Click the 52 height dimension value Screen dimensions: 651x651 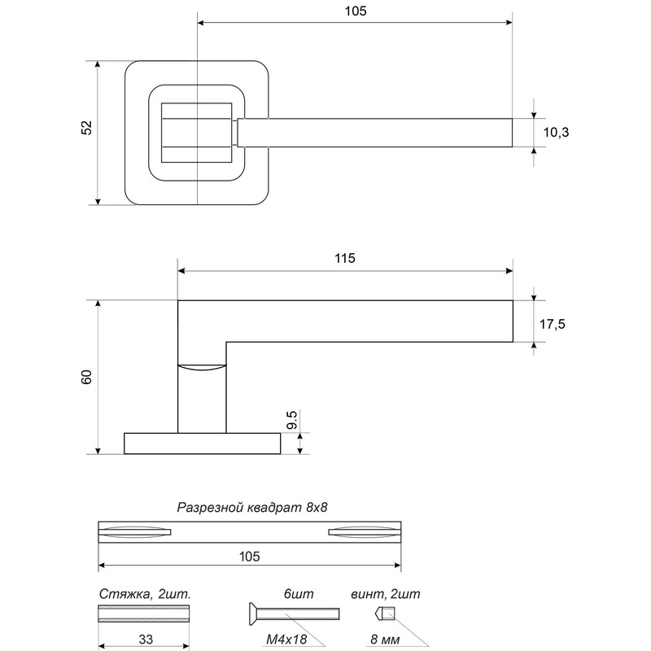point(86,128)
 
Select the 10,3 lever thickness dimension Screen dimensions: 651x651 point(556,133)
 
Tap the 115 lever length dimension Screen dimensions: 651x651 point(345,258)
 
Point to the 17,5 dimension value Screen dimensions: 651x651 point(553,324)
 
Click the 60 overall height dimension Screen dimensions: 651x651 point(86,377)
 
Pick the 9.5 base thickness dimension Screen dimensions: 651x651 point(292,420)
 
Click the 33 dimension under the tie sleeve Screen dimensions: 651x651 point(146,639)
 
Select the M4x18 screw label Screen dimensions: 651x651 point(286,640)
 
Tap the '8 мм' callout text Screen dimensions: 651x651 point(385,640)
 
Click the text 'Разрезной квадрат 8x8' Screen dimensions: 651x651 point(252,507)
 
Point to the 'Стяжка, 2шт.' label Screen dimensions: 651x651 point(145,594)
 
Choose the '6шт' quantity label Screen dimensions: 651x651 point(299,594)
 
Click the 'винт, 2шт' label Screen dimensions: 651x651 point(385,594)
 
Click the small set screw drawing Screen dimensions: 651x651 point(385,614)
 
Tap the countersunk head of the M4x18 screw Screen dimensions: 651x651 point(253,614)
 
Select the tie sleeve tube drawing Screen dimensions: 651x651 point(144,614)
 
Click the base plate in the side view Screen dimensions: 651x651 point(202,443)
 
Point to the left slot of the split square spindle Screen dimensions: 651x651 point(134,532)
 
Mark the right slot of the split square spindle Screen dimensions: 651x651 point(365,532)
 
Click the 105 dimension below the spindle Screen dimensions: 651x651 point(250,557)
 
